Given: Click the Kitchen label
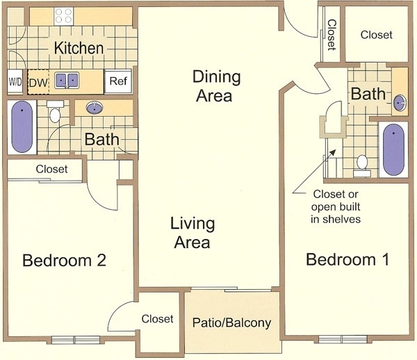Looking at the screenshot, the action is pos(79,48).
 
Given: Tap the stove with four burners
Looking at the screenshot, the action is pos(64,16).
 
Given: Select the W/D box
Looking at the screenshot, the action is pos(15,81).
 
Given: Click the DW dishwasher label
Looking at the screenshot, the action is pos(38,83).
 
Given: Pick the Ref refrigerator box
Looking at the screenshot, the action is pos(118,81).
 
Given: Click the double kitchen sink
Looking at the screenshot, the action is pos(67,81).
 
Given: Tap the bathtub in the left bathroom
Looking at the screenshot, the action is pos(22,126).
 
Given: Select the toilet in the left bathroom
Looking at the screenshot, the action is pos(55,112).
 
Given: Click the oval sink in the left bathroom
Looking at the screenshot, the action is pos(95,108).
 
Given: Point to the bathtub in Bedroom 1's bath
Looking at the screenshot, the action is pos(393,149).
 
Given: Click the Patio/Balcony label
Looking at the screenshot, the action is pos(231,322).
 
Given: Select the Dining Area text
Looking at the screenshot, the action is pos(216,86).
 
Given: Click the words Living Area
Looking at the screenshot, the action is pos(193,233).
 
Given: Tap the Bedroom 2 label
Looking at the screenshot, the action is pos(64,261).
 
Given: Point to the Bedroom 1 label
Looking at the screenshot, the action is pos(347,259).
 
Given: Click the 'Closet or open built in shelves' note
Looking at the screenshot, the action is pos(336,206).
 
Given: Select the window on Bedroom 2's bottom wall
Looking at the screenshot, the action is pos(76,340).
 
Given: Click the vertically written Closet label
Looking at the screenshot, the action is pos(332,35).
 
